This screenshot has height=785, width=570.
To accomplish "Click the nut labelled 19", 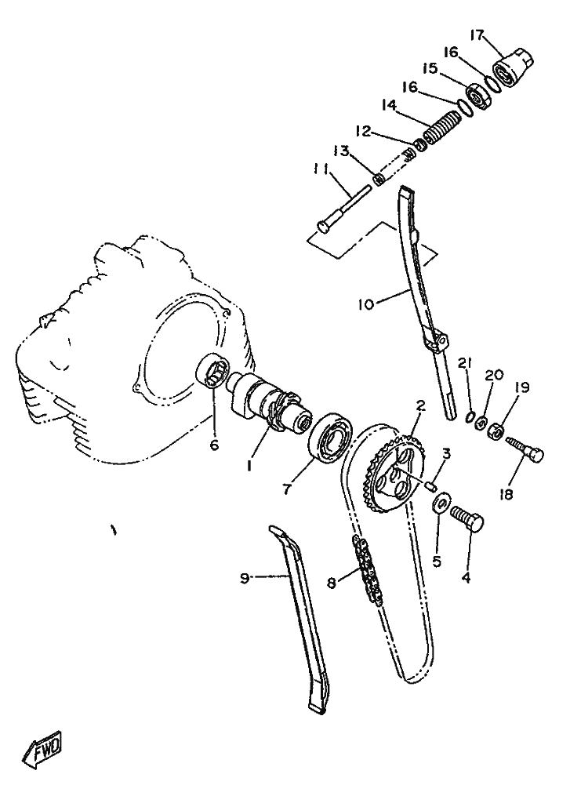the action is [496, 431].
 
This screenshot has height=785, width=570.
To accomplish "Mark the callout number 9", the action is [245, 579].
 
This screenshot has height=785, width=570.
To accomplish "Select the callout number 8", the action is [332, 583].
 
